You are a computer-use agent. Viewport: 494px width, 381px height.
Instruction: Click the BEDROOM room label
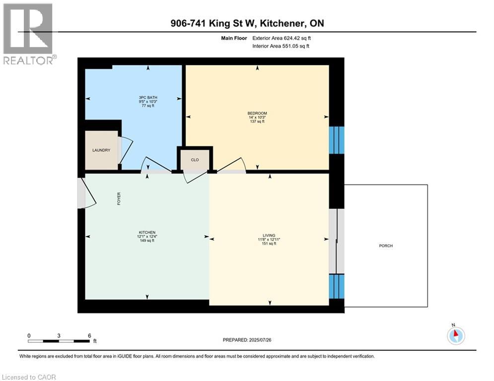[257, 113]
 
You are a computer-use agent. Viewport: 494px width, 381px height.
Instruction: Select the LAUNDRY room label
[101, 150]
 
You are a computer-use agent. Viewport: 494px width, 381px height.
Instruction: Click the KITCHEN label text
[147, 233]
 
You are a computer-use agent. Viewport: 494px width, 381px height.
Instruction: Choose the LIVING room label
[269, 235]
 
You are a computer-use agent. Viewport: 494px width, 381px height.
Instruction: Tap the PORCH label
[386, 246]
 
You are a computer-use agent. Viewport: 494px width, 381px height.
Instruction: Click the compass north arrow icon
[455, 335]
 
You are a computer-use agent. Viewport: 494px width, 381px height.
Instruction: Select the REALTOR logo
[29, 33]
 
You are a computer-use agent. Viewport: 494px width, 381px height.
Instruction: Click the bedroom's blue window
[337, 140]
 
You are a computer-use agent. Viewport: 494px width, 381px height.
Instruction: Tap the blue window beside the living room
[337, 286]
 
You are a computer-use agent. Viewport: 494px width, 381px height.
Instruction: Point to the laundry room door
[125, 150]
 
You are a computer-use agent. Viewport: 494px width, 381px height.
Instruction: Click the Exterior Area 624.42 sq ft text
[282, 38]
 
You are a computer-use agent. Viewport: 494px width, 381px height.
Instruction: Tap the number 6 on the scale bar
[89, 335]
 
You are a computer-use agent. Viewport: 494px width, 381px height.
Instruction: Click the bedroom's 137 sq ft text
[257, 122]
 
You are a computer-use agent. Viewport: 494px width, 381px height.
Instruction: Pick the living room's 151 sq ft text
[269, 244]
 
